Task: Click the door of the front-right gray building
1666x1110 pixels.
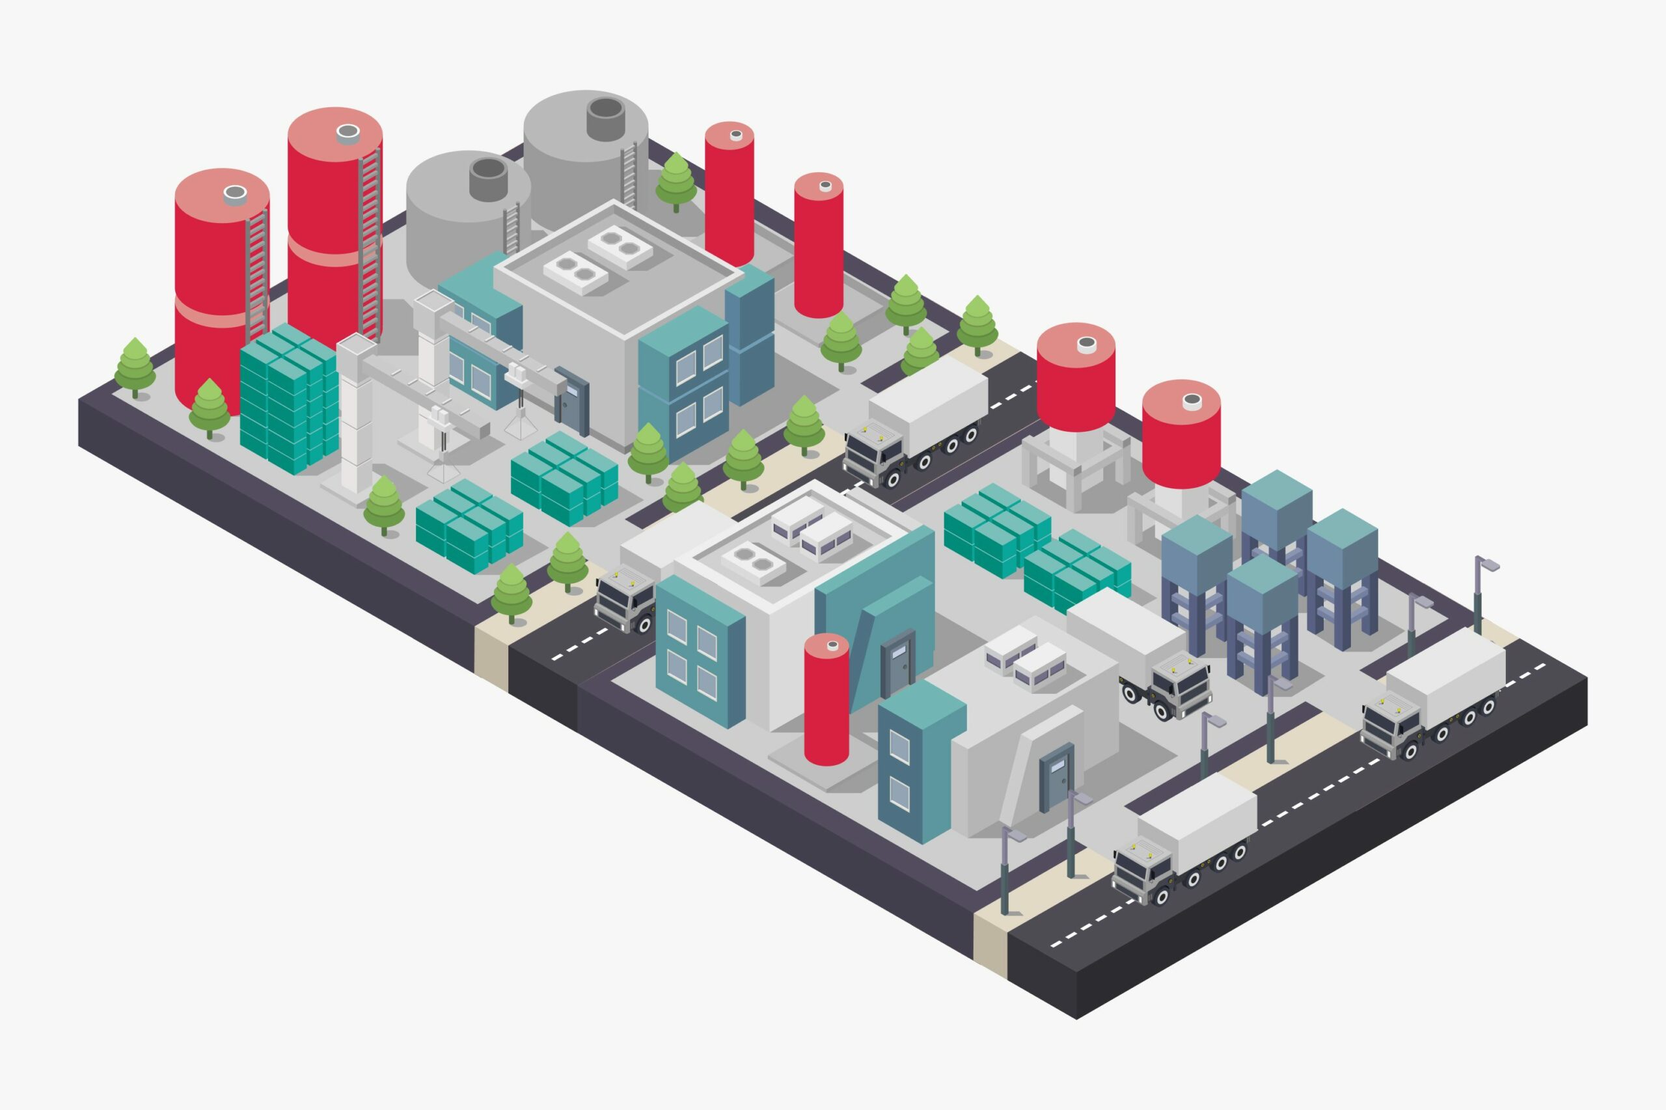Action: tap(1056, 776)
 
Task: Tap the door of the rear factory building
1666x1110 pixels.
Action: tap(572, 400)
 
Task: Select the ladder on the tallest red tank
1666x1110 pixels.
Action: tap(369, 241)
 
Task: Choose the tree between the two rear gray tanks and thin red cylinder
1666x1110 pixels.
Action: tap(676, 181)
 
